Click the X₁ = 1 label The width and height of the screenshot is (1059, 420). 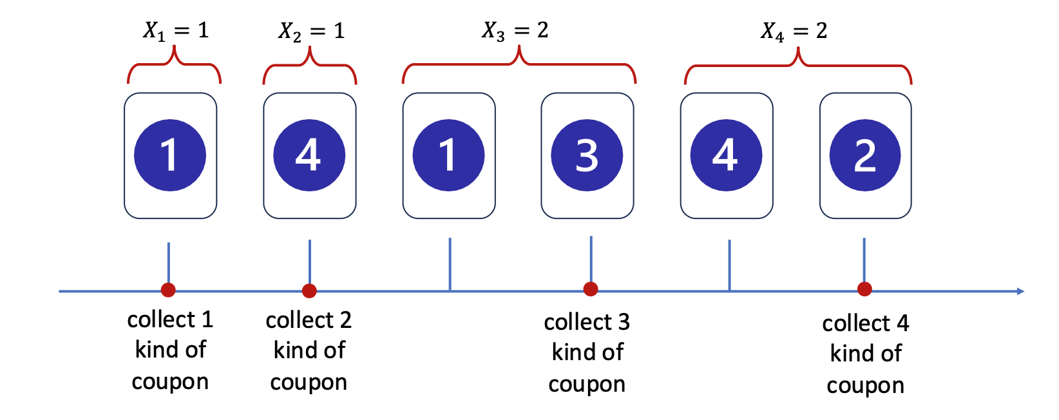[x=175, y=30]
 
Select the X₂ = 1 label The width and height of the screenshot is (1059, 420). [x=311, y=31]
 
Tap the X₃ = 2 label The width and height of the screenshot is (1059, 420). [x=515, y=30]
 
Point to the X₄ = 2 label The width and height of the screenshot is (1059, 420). [x=794, y=31]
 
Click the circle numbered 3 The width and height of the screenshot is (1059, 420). [x=587, y=155]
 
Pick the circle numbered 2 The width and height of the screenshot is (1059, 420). [x=864, y=155]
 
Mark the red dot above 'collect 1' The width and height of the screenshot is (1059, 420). [x=168, y=290]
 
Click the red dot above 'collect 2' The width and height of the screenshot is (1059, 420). [x=309, y=291]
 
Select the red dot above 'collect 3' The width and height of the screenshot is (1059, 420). [x=590, y=289]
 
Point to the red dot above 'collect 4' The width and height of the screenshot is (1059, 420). [x=864, y=289]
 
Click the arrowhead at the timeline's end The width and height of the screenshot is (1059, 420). [x=1020, y=291]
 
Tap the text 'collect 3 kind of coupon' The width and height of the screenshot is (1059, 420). [x=587, y=352]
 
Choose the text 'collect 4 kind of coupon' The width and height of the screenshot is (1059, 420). [x=865, y=354]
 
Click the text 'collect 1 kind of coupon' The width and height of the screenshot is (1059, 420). [x=170, y=350]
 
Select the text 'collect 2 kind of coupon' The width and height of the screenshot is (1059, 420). [x=309, y=350]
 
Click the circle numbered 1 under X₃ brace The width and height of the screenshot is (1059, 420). [x=448, y=155]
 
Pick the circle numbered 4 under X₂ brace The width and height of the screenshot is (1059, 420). [x=309, y=155]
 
